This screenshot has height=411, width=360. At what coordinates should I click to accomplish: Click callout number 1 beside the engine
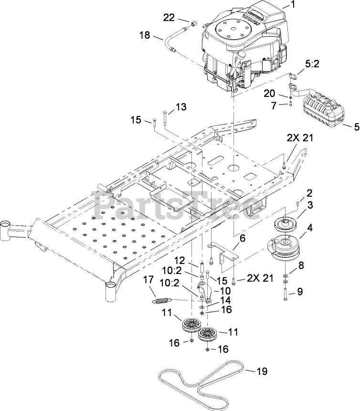294,6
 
